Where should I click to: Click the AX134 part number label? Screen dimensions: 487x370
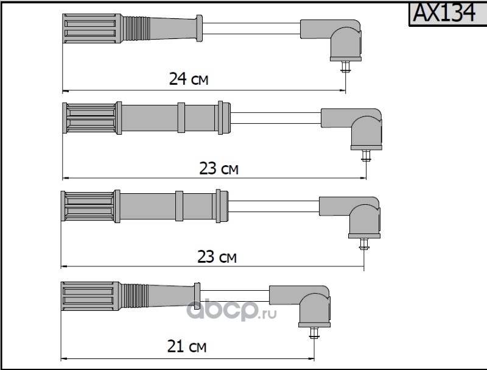coord(444,13)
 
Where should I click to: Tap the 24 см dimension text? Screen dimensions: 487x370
coord(189,79)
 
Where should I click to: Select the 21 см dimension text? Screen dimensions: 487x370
coord(187,346)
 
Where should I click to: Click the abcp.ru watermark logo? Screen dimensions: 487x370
coord(231,309)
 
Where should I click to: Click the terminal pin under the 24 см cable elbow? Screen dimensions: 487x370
coord(345,67)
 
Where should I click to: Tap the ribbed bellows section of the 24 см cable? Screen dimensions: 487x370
coord(136,28)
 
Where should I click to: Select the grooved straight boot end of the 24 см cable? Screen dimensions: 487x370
coord(92,28)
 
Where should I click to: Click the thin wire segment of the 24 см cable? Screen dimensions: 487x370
coord(251,28)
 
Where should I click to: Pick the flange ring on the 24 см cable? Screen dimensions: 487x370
coord(199,28)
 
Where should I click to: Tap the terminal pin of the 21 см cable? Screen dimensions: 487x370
coord(314,333)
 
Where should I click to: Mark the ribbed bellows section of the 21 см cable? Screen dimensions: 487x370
coord(135,296)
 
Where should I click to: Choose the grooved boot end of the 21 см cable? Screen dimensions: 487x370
coord(91,296)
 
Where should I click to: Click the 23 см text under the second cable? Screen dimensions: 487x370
coord(219,168)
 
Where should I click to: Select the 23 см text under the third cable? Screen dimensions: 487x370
coord(217,257)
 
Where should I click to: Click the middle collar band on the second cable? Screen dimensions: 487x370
coord(181,118)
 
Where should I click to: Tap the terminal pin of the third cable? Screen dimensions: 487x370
coord(363,244)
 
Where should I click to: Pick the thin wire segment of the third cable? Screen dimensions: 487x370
coord(273,206)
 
